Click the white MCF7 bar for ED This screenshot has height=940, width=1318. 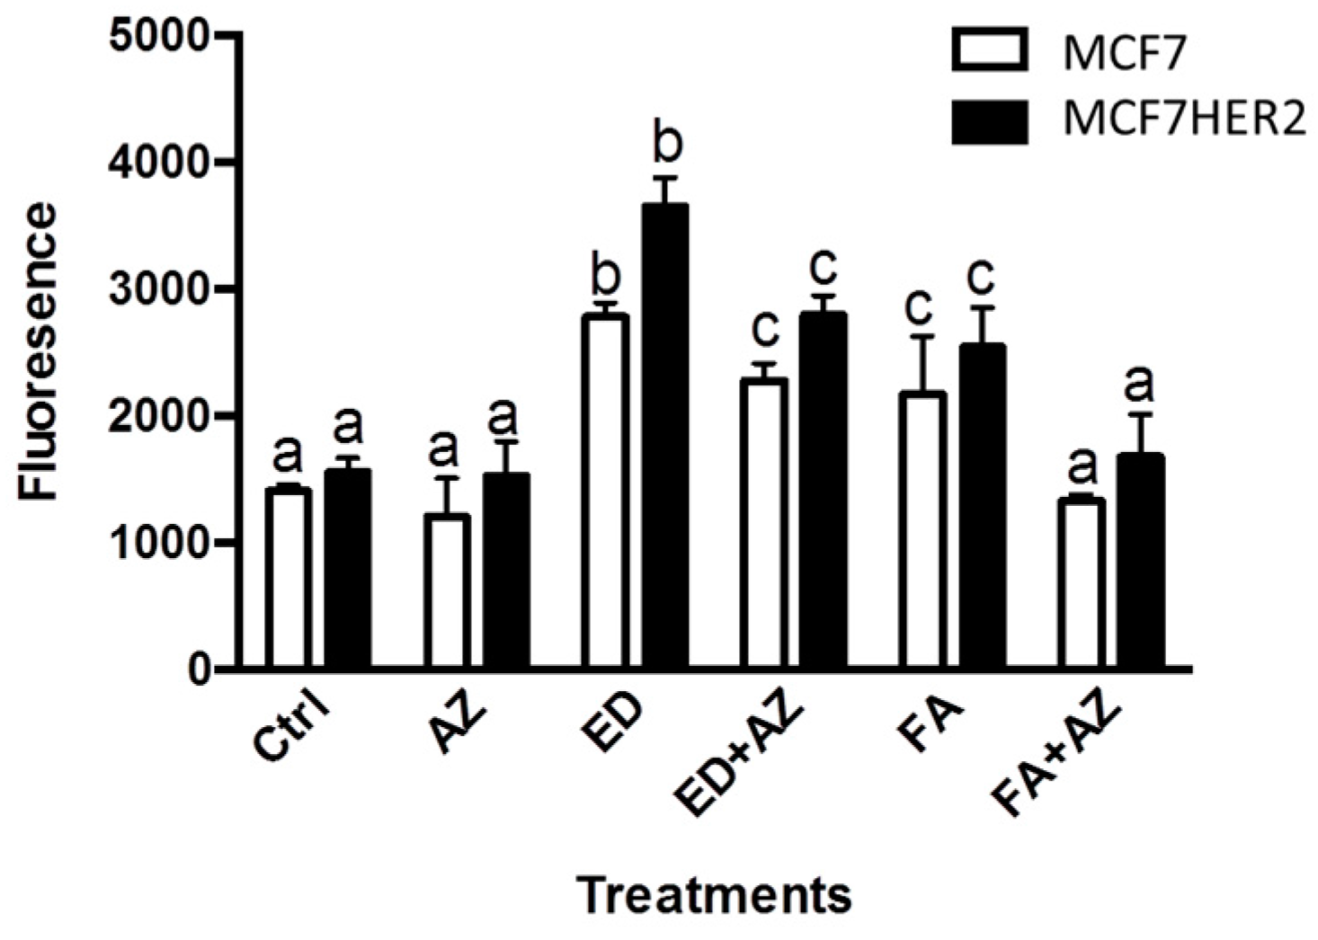tap(605, 492)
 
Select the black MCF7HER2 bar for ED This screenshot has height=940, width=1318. tap(664, 437)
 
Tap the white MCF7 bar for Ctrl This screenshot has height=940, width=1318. tap(288, 579)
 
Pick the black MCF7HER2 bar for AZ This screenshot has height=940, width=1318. tap(506, 572)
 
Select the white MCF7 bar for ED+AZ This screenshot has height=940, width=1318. tap(764, 524)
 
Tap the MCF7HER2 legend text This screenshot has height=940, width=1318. tap(1183, 120)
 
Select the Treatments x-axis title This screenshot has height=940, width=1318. tap(714, 895)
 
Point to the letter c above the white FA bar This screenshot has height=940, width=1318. tap(919, 306)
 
